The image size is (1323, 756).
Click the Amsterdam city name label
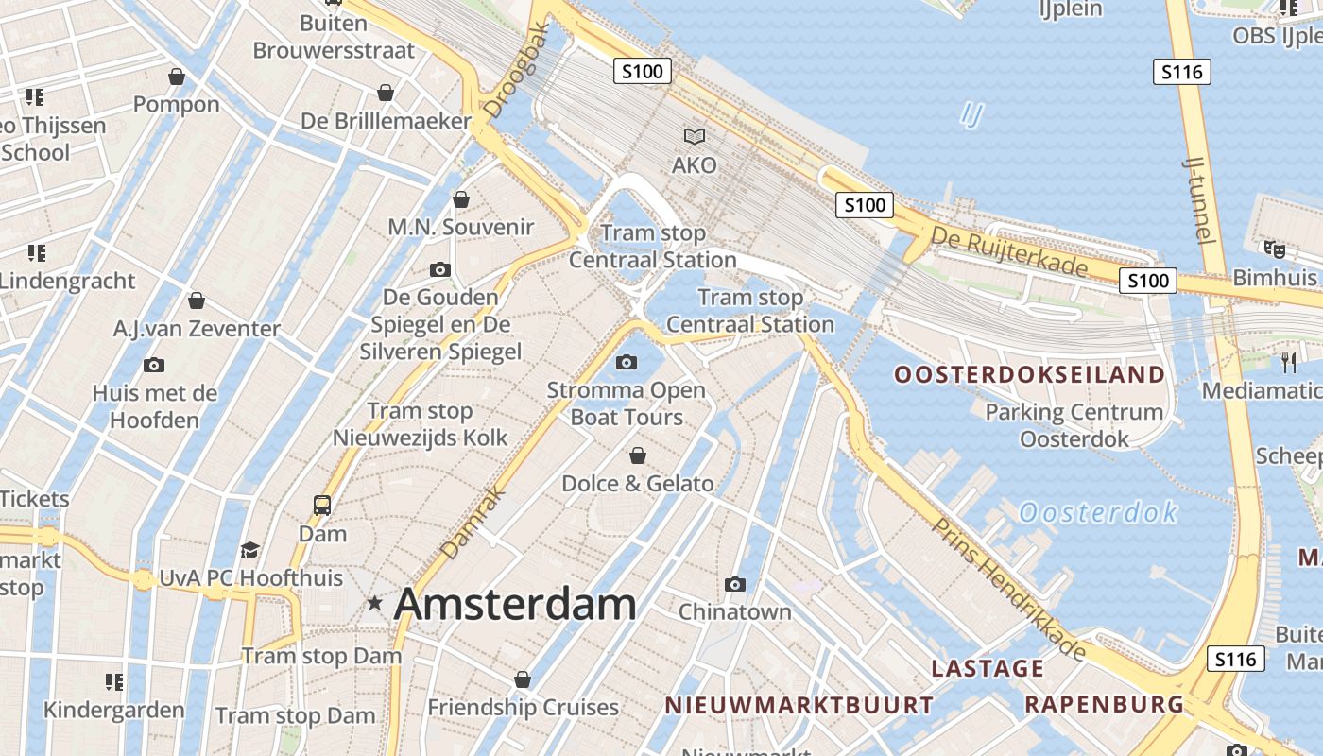click(x=515, y=604)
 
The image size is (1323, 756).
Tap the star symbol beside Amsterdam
click(x=375, y=602)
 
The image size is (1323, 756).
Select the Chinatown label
click(x=735, y=611)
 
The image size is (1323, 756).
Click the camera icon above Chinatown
click(x=735, y=584)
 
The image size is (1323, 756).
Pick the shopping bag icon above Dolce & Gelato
click(x=638, y=456)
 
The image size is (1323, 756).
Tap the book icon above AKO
click(x=695, y=137)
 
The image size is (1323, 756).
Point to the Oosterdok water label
click(x=1098, y=513)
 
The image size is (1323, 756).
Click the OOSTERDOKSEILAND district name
click(x=1030, y=375)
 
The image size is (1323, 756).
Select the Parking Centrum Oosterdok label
click(x=1074, y=425)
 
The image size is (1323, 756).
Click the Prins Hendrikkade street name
click(x=1009, y=589)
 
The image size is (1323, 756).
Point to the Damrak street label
click(x=472, y=523)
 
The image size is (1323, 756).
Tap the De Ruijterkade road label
click(x=1009, y=251)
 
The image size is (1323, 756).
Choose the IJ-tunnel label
click(x=1198, y=198)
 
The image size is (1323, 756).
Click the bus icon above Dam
click(x=322, y=506)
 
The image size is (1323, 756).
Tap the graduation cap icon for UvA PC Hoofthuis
click(x=249, y=550)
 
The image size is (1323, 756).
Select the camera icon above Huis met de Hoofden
click(x=154, y=365)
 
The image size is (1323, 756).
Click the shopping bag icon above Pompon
click(x=177, y=77)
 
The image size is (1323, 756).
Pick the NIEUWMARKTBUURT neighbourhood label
click(x=799, y=705)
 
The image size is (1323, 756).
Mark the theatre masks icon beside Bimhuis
click(x=1275, y=249)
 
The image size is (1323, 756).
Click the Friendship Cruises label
click(x=523, y=707)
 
